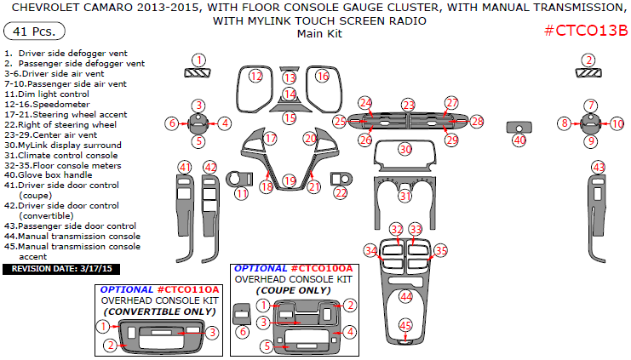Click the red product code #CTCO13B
(x=585, y=31)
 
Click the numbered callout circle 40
(x=519, y=140)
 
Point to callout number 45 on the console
(x=406, y=325)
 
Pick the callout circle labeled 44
(x=406, y=296)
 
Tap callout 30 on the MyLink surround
(x=405, y=149)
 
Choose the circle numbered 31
(x=406, y=196)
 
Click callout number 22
(x=341, y=193)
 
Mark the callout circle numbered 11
(x=243, y=193)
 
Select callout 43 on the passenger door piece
(x=599, y=167)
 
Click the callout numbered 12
(x=255, y=77)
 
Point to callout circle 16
(x=323, y=77)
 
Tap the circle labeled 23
(x=409, y=105)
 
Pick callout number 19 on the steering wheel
(x=290, y=180)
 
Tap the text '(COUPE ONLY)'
(x=292, y=289)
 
